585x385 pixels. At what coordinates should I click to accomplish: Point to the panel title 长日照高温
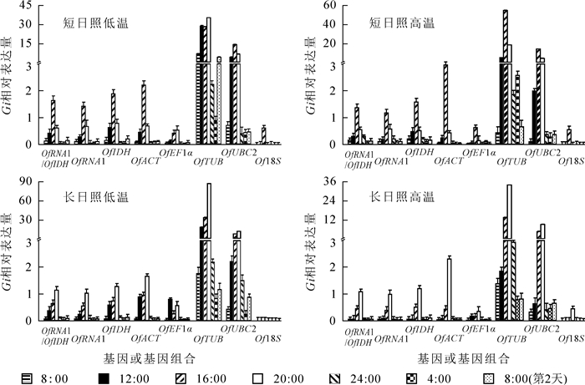click(x=399, y=198)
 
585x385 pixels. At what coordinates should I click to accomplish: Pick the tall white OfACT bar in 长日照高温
click(x=450, y=289)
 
